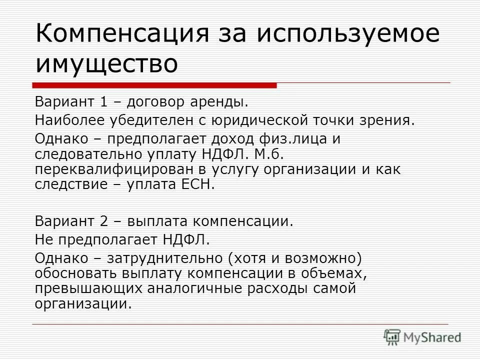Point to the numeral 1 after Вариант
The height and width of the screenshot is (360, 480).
(x=103, y=103)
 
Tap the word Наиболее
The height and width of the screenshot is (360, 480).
(x=68, y=120)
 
